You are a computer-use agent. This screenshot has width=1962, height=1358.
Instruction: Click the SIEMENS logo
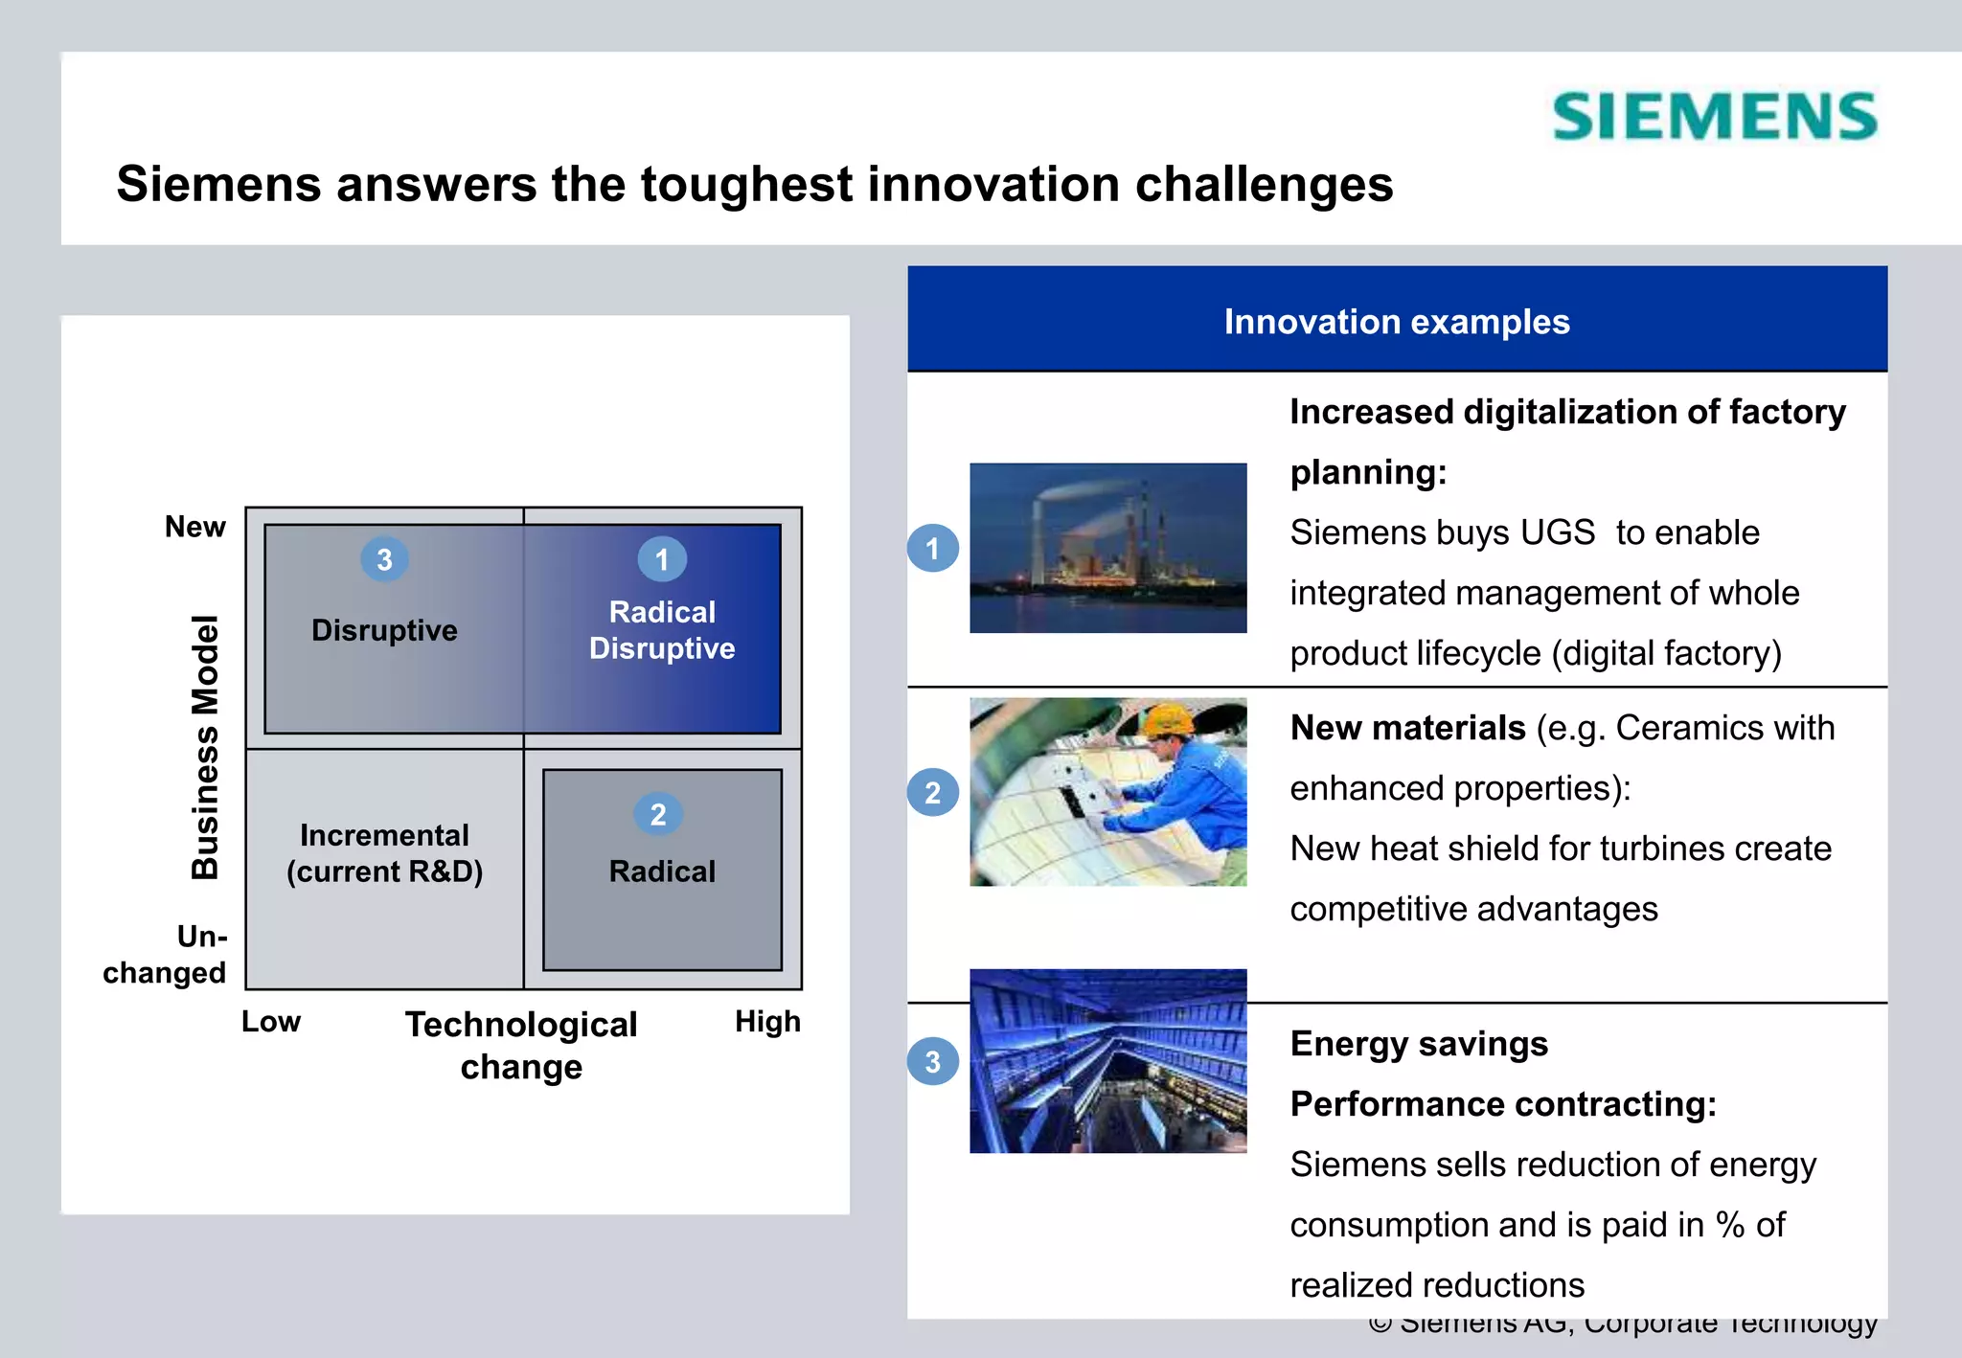pos(1715,117)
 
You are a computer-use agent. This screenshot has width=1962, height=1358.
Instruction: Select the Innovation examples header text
pos(1397,322)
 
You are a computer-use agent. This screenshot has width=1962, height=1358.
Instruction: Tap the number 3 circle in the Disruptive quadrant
pos(384,559)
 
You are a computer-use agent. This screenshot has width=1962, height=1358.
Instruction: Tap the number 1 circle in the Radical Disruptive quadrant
pos(662,559)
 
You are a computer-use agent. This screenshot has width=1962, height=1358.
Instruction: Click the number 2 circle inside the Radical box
pos(658,814)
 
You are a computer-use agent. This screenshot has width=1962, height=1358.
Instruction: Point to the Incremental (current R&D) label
pos(384,853)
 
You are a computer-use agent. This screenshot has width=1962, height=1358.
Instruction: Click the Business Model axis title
pos(205,748)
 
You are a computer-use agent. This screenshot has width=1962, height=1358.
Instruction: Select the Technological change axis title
pos(521,1045)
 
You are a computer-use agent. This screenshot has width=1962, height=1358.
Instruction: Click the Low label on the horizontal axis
pos(271,1022)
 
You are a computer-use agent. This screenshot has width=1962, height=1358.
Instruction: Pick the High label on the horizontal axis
pos(767,1022)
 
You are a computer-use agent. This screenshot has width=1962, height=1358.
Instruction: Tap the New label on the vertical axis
pos(194,527)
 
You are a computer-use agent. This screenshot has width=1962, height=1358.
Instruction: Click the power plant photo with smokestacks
pos(1107,548)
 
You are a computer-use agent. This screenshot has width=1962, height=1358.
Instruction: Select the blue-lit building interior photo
pos(1107,1061)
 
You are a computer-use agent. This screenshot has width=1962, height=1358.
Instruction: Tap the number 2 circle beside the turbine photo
pos(933,793)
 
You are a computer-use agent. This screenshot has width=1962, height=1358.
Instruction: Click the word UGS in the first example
pos(1558,532)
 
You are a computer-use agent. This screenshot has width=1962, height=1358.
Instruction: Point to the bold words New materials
pos(1407,728)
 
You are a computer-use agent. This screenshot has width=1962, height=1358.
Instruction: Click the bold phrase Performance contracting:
pos(1503,1104)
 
